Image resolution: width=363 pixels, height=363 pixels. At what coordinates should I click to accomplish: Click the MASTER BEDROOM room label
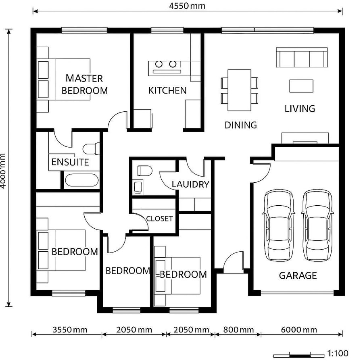pyautogui.click(x=84, y=84)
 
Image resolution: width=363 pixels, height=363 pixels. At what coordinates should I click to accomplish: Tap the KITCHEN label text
pyautogui.click(x=167, y=90)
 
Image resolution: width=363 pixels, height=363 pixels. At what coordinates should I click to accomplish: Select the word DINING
pyautogui.click(x=241, y=125)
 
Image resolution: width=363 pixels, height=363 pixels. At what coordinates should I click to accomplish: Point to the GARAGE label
pyautogui.click(x=298, y=275)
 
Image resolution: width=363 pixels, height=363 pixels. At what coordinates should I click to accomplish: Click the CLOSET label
pyautogui.click(x=159, y=219)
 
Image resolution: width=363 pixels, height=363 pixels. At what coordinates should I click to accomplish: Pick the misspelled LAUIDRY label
pyautogui.click(x=190, y=184)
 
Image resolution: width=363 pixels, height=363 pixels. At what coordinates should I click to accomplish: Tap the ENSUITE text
pyautogui.click(x=70, y=162)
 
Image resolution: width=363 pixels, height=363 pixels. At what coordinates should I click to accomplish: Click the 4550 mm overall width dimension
pyautogui.click(x=187, y=6)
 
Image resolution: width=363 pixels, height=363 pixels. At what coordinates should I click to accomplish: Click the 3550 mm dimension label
pyautogui.click(x=70, y=330)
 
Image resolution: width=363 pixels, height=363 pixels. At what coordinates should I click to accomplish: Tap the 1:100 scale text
pyautogui.click(x=338, y=353)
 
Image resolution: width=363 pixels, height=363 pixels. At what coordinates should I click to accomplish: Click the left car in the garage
pyautogui.click(x=278, y=225)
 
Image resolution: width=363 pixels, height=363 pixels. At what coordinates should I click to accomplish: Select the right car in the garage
pyautogui.click(x=317, y=225)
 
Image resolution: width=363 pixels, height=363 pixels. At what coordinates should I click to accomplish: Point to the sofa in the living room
pyautogui.click(x=302, y=58)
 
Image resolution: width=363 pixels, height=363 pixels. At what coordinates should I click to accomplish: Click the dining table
pyautogui.click(x=240, y=90)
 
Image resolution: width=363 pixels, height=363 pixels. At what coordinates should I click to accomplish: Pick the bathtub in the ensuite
pyautogui.click(x=81, y=180)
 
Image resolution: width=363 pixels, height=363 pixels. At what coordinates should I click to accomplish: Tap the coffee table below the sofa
pyautogui.click(x=301, y=86)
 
